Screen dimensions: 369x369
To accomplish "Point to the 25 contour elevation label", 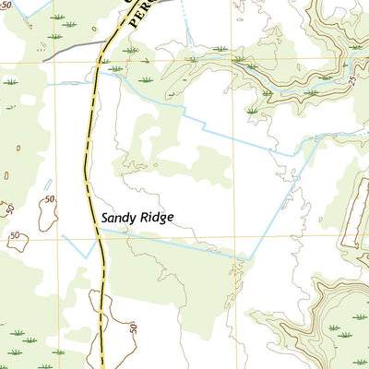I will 351,81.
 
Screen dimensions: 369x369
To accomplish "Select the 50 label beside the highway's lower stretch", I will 132,327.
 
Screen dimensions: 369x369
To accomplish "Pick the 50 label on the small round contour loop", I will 15,236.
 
